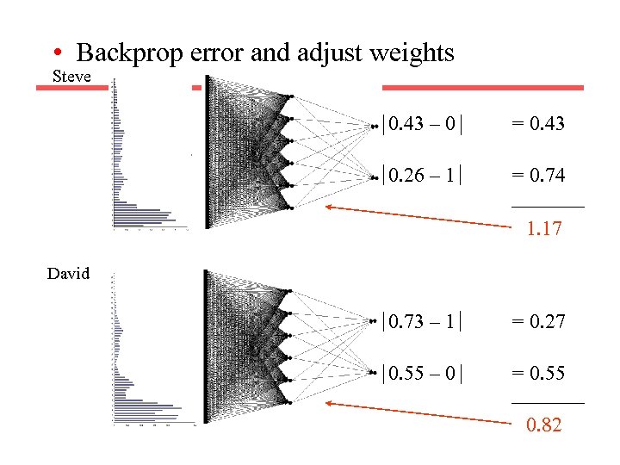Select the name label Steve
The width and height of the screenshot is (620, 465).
point(72,76)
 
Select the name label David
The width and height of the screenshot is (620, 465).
point(69,274)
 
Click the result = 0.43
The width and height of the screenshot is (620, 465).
point(538,123)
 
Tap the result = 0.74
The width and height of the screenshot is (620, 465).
point(538,175)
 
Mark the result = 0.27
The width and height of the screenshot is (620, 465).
point(538,322)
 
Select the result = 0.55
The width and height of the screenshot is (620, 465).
point(538,373)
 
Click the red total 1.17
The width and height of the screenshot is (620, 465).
point(544,229)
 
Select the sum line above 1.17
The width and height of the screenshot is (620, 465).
point(548,207)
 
